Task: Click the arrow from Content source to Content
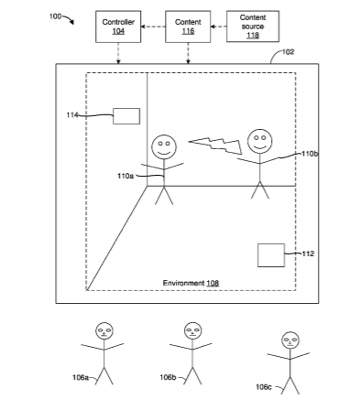pos(219,27)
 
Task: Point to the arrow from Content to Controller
pos(153,27)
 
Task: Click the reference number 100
pos(55,16)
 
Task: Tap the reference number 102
pos(288,52)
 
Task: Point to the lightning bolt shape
pos(216,146)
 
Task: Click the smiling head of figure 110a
pos(164,146)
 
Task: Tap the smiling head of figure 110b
pos(260,141)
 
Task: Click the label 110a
pos(125,176)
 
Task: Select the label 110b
pos(310,154)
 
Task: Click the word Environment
pos(183,283)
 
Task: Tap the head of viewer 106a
pos(104,331)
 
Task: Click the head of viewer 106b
pos(192,331)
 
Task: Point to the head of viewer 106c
pos(290,340)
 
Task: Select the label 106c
pos(264,387)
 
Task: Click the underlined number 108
pos(213,283)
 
